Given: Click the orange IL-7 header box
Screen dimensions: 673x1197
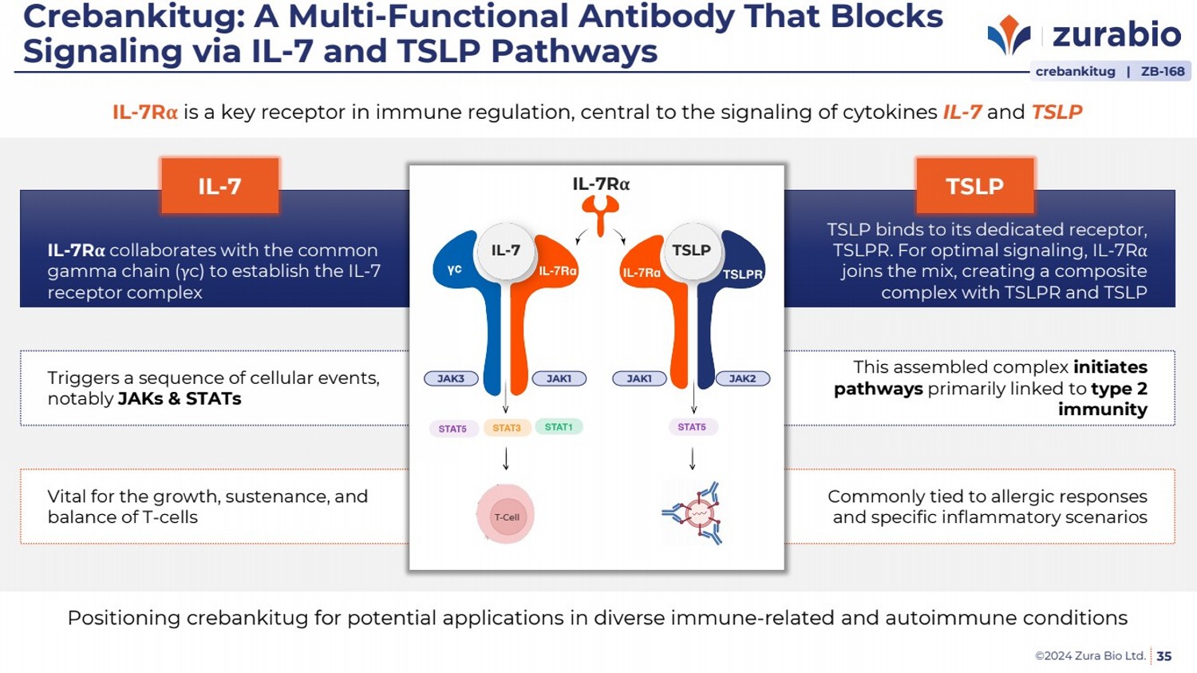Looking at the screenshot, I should tap(219, 186).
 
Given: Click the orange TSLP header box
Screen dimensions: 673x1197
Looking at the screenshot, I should tap(974, 186).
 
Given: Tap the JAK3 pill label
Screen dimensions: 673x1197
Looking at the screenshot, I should tap(451, 378).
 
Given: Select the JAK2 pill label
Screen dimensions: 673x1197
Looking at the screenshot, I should tap(742, 378).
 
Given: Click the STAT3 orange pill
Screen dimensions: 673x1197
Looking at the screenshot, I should tap(507, 428).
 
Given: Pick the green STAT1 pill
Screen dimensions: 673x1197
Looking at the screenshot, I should tap(559, 427).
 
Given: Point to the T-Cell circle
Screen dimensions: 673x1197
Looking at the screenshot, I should tap(506, 516).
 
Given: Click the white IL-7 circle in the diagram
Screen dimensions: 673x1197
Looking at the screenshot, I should tap(505, 251).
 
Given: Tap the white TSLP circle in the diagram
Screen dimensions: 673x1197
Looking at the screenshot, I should tap(691, 251).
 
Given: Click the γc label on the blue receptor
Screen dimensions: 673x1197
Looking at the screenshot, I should tap(455, 270).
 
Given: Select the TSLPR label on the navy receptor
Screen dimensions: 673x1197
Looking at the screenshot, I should tap(743, 274).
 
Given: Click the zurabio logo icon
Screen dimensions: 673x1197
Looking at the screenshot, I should tap(1009, 34).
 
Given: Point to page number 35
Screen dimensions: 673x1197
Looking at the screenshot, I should tap(1164, 656).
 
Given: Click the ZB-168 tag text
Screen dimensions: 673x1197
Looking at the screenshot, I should tap(1163, 71).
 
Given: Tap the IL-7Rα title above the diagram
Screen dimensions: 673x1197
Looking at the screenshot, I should tap(601, 184).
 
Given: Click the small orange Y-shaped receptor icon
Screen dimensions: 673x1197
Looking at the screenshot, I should tap(600, 213).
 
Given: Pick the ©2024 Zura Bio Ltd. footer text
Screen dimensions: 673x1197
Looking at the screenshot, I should tap(1090, 656).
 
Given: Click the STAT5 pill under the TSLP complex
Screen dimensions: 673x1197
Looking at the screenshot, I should tap(692, 427).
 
